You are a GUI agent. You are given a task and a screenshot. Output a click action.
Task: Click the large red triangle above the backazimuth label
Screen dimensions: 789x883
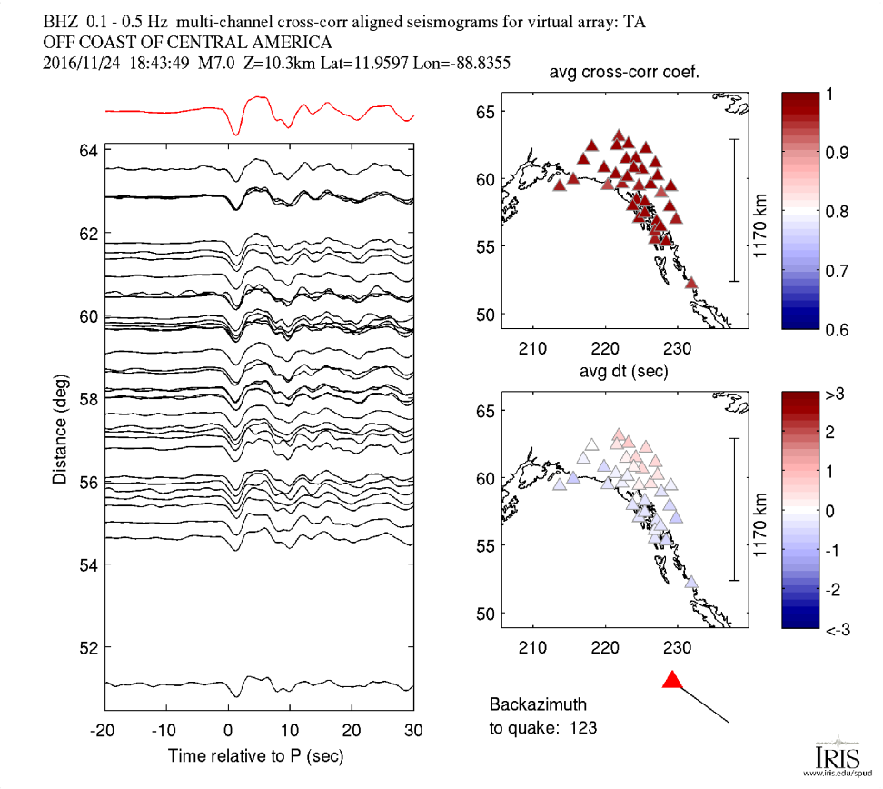click(671, 680)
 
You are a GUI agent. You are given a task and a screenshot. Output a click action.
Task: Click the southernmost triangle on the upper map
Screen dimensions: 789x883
click(691, 283)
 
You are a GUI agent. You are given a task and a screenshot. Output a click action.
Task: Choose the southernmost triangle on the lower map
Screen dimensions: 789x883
click(691, 582)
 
